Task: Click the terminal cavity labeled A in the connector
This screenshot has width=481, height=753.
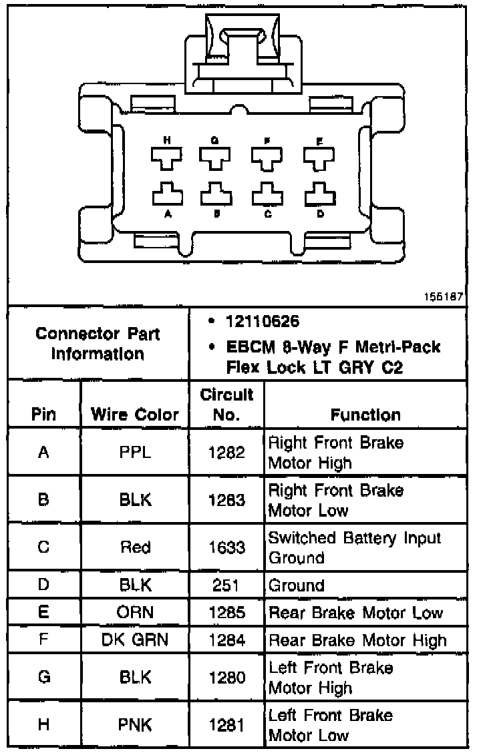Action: pyautogui.click(x=167, y=194)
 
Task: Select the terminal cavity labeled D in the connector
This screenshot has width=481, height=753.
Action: pyautogui.click(x=319, y=194)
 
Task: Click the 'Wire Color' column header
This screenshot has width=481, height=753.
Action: pyautogui.click(x=135, y=415)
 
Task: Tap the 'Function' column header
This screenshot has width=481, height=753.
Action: pyautogui.click(x=365, y=415)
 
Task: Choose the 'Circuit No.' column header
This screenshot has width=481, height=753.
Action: pyautogui.click(x=227, y=405)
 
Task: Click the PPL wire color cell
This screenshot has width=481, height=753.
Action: pyautogui.click(x=136, y=452)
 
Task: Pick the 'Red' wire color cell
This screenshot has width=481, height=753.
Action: pyautogui.click(x=136, y=547)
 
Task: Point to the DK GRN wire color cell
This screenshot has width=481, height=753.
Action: pyautogui.click(x=136, y=640)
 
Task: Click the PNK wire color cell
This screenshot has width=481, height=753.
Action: pyautogui.click(x=136, y=725)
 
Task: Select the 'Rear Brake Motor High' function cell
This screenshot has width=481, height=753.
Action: pyautogui.click(x=357, y=640)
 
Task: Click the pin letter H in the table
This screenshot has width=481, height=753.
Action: pyautogui.click(x=44, y=725)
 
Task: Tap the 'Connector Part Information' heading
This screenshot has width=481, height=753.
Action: pyautogui.click(x=98, y=343)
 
